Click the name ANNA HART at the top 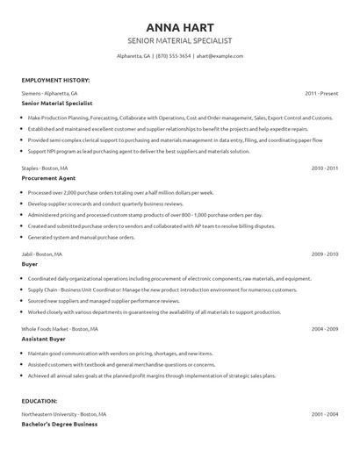179,26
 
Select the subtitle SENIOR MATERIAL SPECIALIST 179,41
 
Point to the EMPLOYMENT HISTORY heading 55,80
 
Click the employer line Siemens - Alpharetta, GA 49,92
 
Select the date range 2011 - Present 321,92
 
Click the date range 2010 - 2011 324,167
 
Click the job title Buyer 30,263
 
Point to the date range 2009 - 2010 324,253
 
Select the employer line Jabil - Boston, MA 42,253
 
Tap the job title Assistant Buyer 46,339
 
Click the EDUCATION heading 41,402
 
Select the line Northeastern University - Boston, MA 64,413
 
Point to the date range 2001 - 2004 324,413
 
